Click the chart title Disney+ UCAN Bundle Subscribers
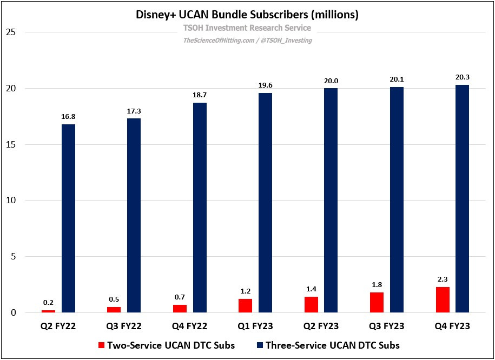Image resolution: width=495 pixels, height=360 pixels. tap(247, 15)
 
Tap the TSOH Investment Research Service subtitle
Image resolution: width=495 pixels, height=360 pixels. tap(247, 28)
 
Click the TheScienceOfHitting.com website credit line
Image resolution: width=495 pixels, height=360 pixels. tap(247, 40)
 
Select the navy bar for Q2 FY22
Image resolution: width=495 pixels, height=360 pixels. tap(69, 218)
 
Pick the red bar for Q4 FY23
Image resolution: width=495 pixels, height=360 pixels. tap(443, 299)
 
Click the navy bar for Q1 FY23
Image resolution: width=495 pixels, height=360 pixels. tap(265, 203)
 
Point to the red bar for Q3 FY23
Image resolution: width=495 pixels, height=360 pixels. tap(377, 302)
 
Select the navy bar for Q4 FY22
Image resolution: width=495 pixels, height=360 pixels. tap(200, 208)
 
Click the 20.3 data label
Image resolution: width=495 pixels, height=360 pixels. tap(461, 77)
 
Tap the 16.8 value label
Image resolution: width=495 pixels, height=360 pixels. tap(69, 117)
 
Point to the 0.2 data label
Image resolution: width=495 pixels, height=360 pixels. tap(49, 303)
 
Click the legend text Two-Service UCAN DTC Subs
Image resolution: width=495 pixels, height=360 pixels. tap(171, 345)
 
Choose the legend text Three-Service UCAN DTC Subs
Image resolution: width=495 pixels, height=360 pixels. tap(333, 345)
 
